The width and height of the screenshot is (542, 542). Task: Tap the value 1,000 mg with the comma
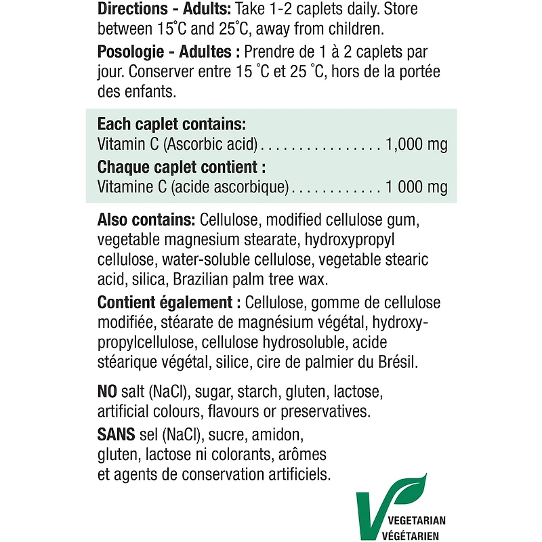point(416,144)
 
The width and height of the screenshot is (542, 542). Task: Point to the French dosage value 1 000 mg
point(415,187)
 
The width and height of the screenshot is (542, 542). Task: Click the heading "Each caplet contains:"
point(171,125)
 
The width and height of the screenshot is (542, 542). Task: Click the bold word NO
point(108,392)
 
